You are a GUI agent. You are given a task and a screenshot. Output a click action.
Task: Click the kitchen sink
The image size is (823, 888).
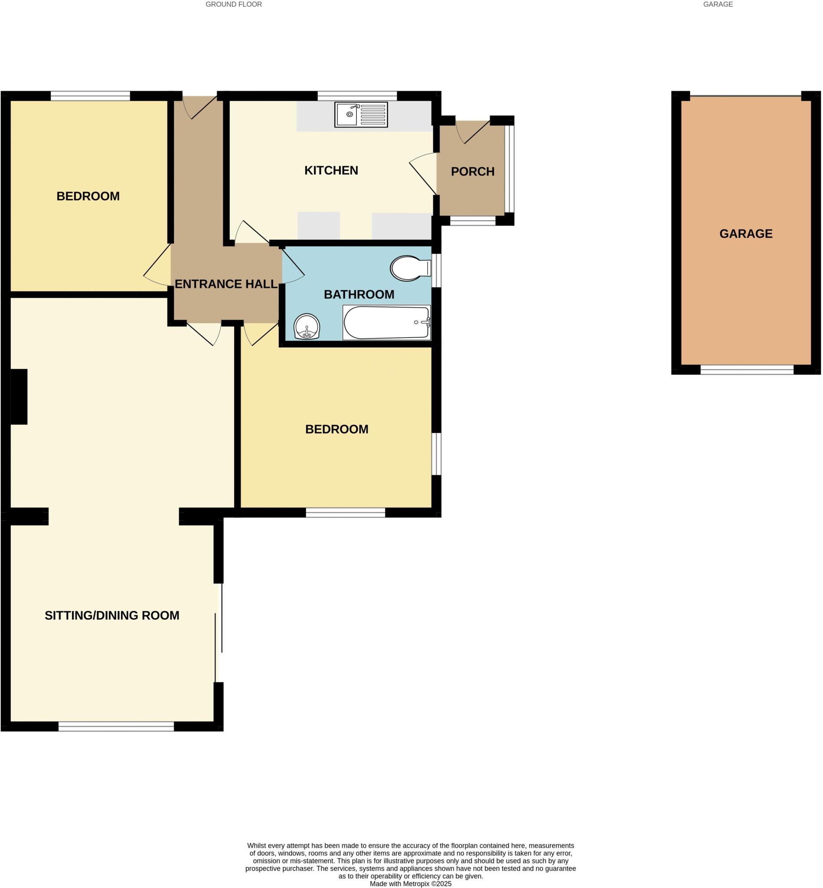click(361, 114)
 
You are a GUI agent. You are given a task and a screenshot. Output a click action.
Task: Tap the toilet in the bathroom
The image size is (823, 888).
click(409, 268)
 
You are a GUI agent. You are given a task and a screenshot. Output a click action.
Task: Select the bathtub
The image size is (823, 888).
click(386, 323)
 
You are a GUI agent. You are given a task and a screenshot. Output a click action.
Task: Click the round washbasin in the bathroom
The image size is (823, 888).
click(307, 326)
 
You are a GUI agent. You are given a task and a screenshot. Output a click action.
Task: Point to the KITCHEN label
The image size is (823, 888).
click(331, 170)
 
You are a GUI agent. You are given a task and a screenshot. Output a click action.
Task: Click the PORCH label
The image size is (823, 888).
click(473, 171)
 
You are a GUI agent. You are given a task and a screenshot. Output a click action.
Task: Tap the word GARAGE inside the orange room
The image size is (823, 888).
click(745, 233)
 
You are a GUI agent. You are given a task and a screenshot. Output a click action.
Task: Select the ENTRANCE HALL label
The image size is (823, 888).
click(226, 284)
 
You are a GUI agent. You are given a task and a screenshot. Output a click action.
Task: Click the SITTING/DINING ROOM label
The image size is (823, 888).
click(112, 615)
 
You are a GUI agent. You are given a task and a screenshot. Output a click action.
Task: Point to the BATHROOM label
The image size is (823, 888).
click(359, 294)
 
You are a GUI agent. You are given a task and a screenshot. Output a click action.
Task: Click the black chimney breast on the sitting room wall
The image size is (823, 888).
click(19, 396)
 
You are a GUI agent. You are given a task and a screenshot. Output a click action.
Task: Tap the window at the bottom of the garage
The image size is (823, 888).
click(746, 369)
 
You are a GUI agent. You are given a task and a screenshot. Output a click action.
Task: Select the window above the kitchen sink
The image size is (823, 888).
click(357, 95)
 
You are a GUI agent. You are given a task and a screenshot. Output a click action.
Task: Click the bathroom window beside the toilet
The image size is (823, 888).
click(437, 270)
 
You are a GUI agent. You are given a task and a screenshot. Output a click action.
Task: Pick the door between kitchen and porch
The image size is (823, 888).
click(424, 174)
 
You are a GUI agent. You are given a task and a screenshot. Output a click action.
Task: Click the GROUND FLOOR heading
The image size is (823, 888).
click(233, 4)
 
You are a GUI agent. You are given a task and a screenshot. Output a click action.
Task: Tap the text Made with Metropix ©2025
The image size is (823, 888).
click(411, 884)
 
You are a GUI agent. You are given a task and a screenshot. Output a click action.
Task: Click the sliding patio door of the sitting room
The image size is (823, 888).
click(218, 632)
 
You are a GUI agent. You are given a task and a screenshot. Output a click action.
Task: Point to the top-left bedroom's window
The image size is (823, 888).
click(90, 95)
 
